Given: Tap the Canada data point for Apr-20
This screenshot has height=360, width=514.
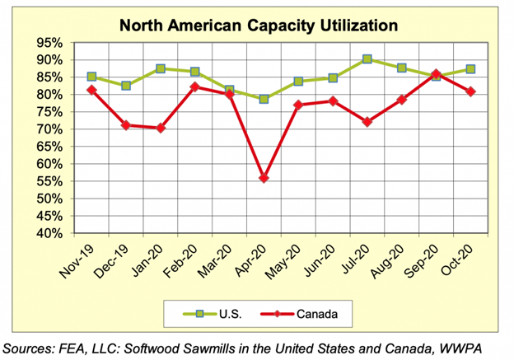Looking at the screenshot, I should (x=264, y=178).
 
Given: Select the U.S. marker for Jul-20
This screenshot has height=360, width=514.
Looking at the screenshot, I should (x=367, y=59).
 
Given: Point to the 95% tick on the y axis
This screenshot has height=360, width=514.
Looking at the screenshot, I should (x=51, y=43).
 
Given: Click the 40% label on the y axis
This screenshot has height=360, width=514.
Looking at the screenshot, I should (x=51, y=233).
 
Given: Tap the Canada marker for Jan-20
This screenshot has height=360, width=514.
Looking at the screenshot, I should (x=161, y=129).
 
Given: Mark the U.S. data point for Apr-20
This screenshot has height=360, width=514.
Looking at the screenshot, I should (x=264, y=99).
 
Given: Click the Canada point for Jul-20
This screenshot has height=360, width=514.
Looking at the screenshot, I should (x=367, y=122).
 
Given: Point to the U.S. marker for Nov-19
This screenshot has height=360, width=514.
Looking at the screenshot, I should (x=91, y=77).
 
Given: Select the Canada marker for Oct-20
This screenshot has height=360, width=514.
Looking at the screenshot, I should (x=470, y=91).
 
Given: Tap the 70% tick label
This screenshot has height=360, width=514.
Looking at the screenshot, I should (x=51, y=129).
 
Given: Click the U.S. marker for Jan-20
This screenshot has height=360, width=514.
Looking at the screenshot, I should (x=161, y=68).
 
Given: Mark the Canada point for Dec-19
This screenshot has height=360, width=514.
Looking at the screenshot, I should (x=126, y=125).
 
